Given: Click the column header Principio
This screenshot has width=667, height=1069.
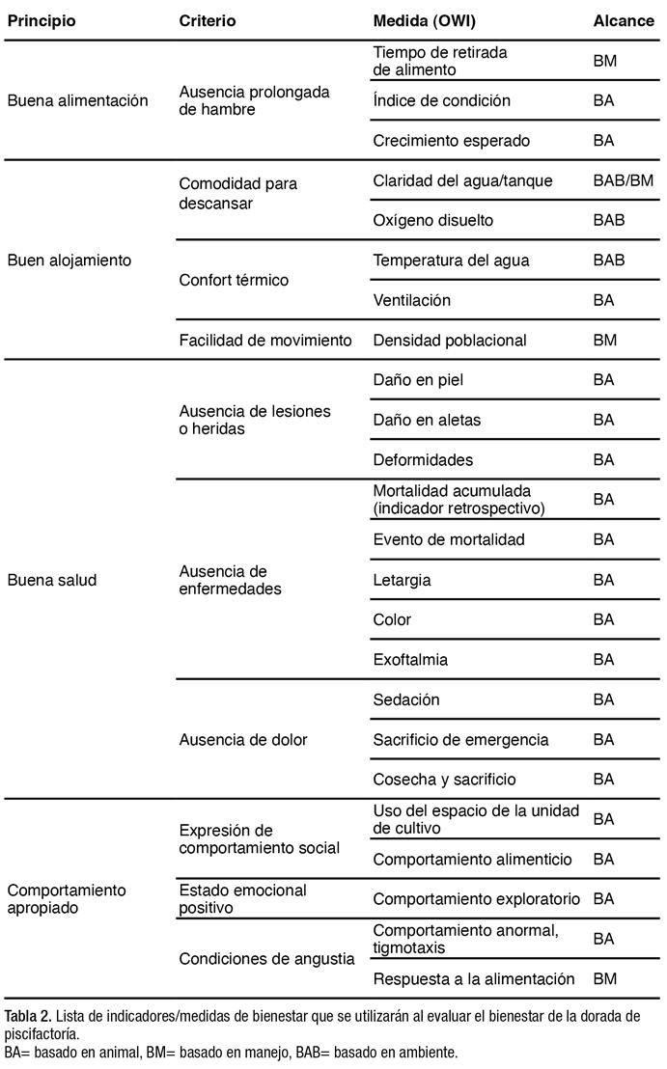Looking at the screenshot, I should tap(42, 20).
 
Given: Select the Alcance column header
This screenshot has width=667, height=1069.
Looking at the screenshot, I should tap(623, 20).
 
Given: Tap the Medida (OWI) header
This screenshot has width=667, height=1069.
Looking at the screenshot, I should tap(425, 20).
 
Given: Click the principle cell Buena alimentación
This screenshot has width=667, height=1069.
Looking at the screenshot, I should tap(78, 100).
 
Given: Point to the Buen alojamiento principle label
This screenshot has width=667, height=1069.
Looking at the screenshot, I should tap(69, 260).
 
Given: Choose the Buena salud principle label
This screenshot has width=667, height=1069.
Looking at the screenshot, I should tap(52, 580).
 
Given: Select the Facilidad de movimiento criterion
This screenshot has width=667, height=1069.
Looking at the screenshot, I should tap(265, 340).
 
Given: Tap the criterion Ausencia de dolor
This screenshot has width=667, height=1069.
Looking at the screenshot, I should tap(243, 740).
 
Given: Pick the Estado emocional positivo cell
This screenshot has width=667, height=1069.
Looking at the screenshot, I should tap(243, 898).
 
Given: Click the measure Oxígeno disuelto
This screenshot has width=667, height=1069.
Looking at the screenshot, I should tap(432, 220).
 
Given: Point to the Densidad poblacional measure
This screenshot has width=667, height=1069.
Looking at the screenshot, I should tap(450, 340).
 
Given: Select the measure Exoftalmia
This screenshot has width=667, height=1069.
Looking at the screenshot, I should tap(410, 660).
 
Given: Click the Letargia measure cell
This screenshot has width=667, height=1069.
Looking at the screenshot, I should tap(402, 580).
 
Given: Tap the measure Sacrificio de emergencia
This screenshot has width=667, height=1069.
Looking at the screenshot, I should tap(460, 740).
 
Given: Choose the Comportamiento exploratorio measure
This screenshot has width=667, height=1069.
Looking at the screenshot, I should tap(477, 898).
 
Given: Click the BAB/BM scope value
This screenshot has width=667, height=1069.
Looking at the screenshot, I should tap(623, 180).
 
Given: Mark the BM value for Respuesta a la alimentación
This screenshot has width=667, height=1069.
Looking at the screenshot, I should tap(605, 978).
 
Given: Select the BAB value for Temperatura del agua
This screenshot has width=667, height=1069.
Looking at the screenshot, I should tap(609, 260).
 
